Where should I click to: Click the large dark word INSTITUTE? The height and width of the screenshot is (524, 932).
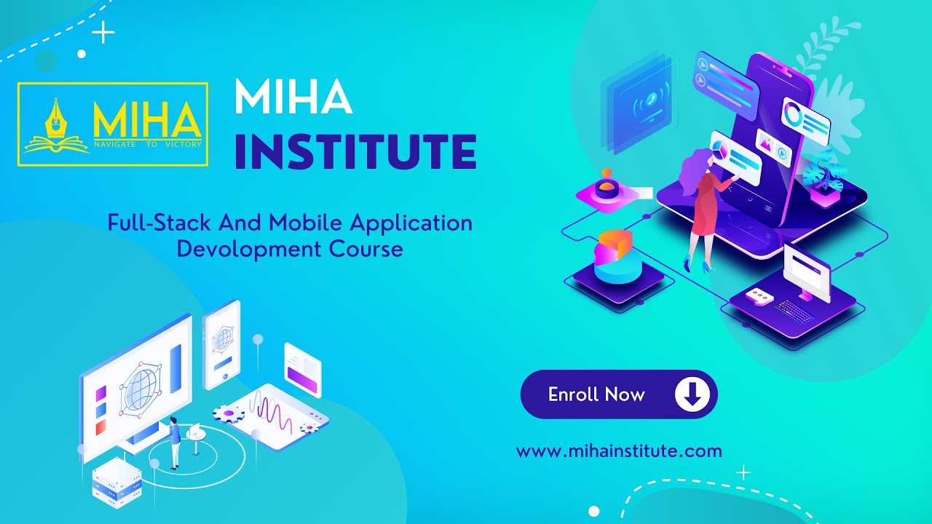coord(355,151)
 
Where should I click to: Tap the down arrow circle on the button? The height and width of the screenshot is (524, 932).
coord(692,394)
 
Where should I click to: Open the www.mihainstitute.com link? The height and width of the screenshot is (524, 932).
coord(619,450)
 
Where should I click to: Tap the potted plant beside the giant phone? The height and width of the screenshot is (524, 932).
coord(826,175)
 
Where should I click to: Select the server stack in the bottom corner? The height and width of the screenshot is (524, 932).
coord(116,482)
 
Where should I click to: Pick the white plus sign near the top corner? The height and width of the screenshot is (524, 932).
coord(103,33)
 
